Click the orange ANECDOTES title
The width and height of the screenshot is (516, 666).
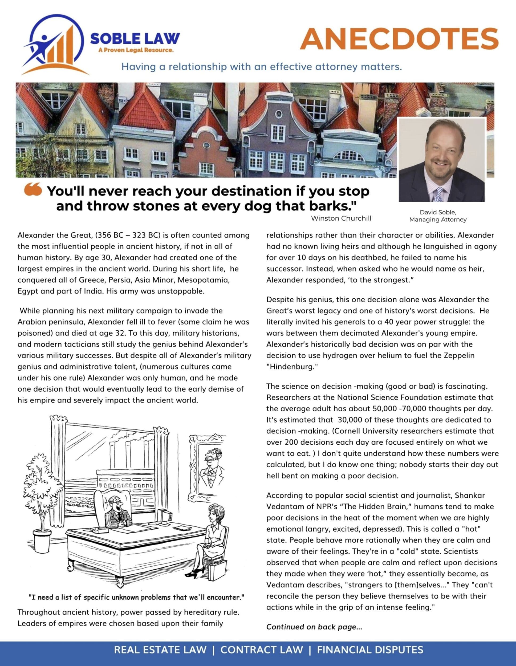tap(399, 39)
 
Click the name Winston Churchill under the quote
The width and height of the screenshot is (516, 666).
tap(341, 218)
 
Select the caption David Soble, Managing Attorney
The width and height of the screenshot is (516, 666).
tap(438, 216)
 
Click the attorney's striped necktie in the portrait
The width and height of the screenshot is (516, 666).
tap(438, 194)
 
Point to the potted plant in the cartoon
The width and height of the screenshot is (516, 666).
tap(43, 500)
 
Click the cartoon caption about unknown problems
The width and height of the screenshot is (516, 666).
tap(136, 597)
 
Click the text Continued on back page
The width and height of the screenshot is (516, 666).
tap(314, 627)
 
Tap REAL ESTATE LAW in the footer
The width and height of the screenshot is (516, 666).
tap(160, 650)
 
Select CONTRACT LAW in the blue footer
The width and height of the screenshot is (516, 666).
tap(262, 650)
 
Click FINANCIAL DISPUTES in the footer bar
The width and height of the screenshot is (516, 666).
tap(370, 650)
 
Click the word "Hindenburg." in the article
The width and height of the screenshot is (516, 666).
tap(292, 367)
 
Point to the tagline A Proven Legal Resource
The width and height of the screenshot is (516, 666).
tap(136, 50)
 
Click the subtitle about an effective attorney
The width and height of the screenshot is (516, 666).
tap(262, 67)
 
